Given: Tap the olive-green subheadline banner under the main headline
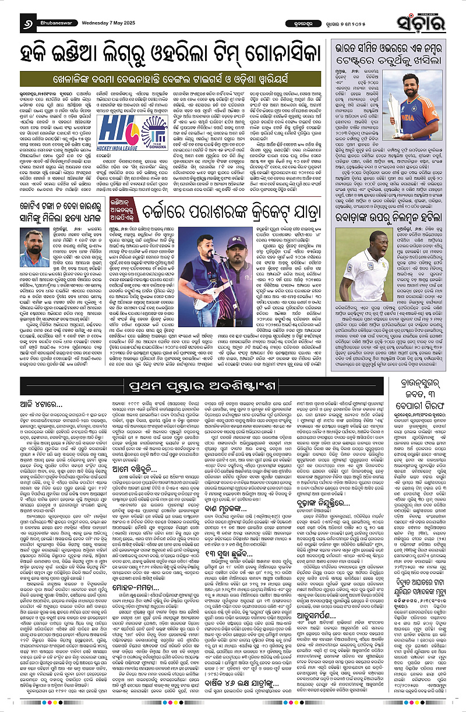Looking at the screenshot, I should (x=167, y=76).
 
